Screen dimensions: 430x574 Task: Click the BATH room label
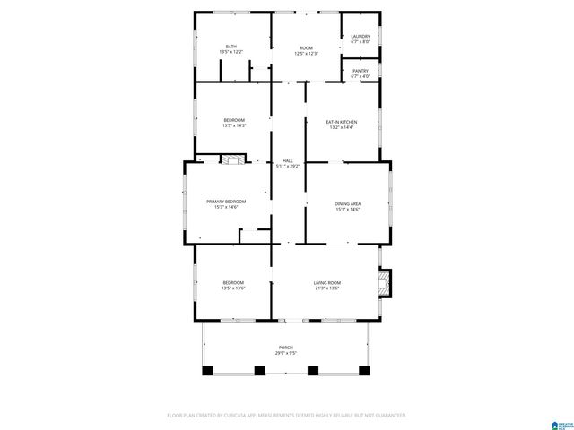pos(231,47)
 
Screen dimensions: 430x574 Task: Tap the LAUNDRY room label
pos(361,37)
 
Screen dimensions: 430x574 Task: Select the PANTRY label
pos(361,71)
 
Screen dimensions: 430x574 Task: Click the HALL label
pos(288,160)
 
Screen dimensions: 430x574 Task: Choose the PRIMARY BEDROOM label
pos(226,202)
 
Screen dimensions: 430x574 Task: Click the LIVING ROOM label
pos(327,282)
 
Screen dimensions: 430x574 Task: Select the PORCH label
pos(286,348)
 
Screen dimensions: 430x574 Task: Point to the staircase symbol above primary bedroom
pos(232,159)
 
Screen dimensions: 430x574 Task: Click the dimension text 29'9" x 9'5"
pos(286,354)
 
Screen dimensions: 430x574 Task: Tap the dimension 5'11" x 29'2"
pos(288,166)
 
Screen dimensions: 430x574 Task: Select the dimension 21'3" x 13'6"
pos(327,288)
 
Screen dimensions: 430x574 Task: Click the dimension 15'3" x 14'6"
pos(226,208)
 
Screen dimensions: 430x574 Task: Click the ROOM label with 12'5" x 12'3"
pos(307,47)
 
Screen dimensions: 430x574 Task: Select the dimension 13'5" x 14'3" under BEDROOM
pos(234,126)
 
